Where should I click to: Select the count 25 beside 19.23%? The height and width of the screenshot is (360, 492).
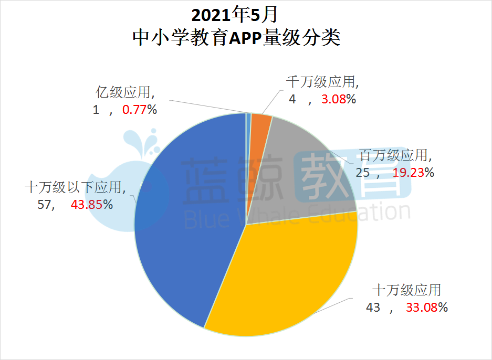[363, 172]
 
